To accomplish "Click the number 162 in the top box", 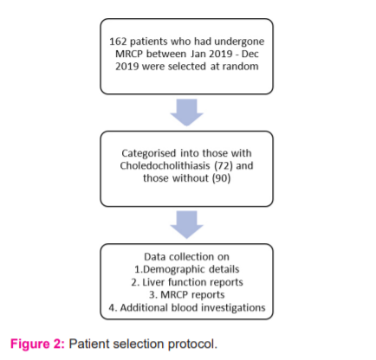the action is click(x=118, y=42).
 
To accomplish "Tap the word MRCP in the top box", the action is click(x=129, y=54).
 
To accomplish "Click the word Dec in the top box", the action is click(x=250, y=54).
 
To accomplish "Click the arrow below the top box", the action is click(x=187, y=112).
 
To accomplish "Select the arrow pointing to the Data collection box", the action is click(x=187, y=225).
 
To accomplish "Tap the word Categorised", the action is click(x=149, y=153).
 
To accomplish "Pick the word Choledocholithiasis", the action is click(x=165, y=166).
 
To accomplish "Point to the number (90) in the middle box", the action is click(x=221, y=178).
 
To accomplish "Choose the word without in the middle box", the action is click(x=191, y=178).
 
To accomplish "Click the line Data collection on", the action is click(x=186, y=257).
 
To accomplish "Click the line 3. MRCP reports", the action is click(x=187, y=295).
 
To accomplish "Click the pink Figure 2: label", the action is click(x=38, y=344).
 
